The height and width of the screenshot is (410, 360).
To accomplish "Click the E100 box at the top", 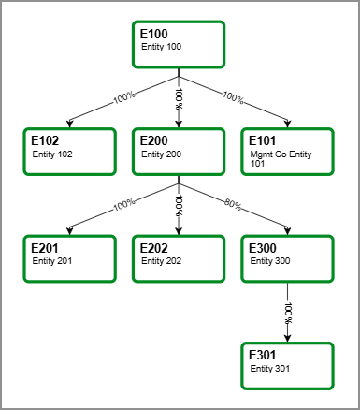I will [x=179, y=44].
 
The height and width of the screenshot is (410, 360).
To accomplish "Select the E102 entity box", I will [x=69, y=152].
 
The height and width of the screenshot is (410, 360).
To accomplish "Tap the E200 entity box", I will [x=179, y=152].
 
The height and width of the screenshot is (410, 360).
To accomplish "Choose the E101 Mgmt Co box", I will [x=288, y=152].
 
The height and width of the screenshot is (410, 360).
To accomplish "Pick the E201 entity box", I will [x=69, y=258].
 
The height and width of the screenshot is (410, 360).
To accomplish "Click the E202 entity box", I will [x=179, y=258].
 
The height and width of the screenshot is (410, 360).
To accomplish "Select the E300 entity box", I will [x=288, y=258].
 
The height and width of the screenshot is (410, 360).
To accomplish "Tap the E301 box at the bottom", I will [x=288, y=365].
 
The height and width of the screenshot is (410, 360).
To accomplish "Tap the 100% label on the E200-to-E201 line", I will [x=123, y=204].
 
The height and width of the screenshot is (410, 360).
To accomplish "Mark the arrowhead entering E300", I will [x=284, y=232].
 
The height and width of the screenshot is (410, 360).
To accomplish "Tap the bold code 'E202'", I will [x=153, y=248].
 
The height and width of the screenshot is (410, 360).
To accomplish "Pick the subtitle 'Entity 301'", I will [x=271, y=368].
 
